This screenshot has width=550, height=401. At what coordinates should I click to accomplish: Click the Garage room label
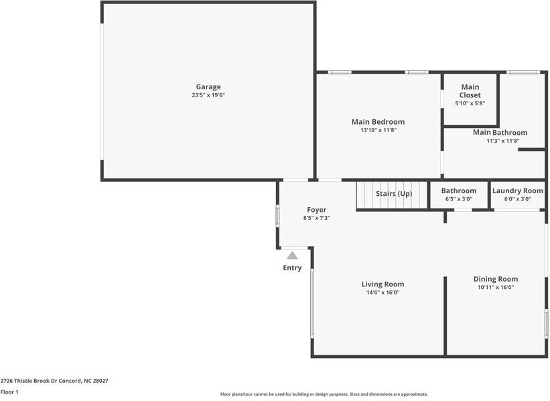point(208,87)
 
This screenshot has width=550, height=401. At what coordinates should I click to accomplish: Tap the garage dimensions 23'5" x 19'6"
point(208,95)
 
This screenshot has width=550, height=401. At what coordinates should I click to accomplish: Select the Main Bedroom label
point(378,122)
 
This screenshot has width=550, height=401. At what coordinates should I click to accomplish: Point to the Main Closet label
point(470,91)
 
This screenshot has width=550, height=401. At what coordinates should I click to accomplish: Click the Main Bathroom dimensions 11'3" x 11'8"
point(503,141)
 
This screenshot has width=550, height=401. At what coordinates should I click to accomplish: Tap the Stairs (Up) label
point(394,194)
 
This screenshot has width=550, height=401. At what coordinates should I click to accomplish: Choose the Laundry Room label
point(518,190)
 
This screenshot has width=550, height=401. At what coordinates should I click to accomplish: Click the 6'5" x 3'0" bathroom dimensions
point(459,198)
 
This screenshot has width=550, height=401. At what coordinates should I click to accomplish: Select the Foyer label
point(317,210)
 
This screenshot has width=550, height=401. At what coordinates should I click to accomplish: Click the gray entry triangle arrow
point(292,255)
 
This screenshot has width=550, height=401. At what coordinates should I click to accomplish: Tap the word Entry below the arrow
point(292,268)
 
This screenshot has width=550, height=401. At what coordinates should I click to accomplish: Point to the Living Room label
point(383,284)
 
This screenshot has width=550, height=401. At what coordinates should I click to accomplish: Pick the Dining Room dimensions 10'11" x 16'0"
point(496,287)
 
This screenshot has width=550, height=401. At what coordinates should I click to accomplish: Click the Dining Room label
point(496,279)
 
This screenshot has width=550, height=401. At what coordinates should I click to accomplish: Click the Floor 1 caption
point(9,392)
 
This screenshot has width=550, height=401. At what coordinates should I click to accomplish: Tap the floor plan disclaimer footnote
point(324,394)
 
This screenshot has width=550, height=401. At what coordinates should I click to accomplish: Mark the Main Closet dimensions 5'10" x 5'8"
point(470,103)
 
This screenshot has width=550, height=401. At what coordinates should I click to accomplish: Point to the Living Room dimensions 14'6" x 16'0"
point(383,292)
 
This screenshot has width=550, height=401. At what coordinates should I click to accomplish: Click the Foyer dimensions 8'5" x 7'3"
point(317,218)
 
